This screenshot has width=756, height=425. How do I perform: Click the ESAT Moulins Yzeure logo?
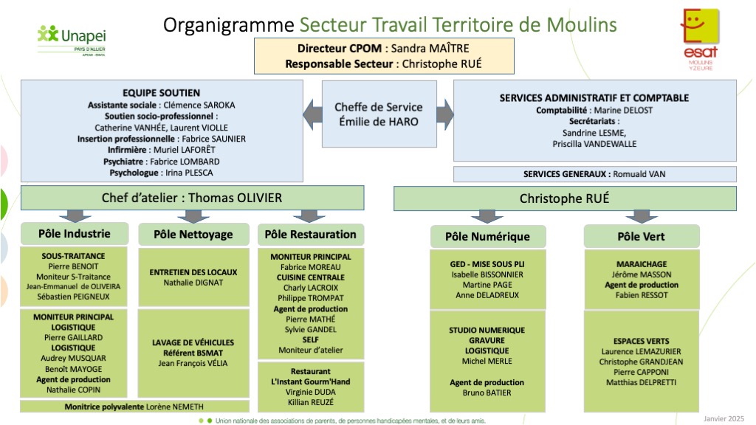tap(700, 38)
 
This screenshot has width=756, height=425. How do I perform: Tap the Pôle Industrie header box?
tap(75, 234)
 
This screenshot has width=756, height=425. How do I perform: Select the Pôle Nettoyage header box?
tap(193, 235)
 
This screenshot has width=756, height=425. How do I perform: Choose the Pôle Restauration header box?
tap(311, 235)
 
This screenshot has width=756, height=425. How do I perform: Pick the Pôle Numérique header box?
tap(488, 237)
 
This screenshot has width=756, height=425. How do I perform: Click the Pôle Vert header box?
tap(641, 237)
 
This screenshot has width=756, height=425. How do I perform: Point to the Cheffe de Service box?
tap(377, 114)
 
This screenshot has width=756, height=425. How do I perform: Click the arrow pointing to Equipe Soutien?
tap(313, 114)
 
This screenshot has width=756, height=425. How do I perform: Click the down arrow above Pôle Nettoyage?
tap(193, 216)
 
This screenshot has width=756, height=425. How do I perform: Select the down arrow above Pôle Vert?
tap(641, 216)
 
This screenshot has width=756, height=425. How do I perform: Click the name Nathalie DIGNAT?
tap(193, 282)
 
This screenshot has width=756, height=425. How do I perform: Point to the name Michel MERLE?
tap(487, 361)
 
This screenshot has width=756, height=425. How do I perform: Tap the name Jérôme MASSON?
tap(641, 274)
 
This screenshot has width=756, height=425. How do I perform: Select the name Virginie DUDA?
tap(311, 392)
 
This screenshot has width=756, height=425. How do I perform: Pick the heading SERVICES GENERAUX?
tap(566, 174)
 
